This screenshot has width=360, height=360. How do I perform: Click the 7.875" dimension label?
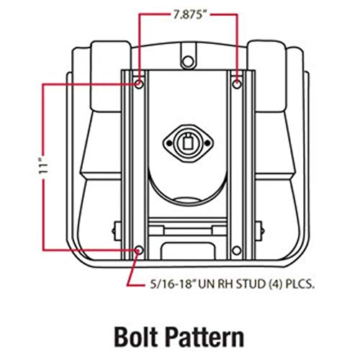190,15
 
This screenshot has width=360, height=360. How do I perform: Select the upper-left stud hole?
139,84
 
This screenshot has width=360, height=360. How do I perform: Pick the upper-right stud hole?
237,84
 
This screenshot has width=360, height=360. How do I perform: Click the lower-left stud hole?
139,251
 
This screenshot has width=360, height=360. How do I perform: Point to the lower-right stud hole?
237,251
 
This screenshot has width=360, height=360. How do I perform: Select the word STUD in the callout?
251,284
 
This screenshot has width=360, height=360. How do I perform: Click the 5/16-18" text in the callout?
172,284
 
